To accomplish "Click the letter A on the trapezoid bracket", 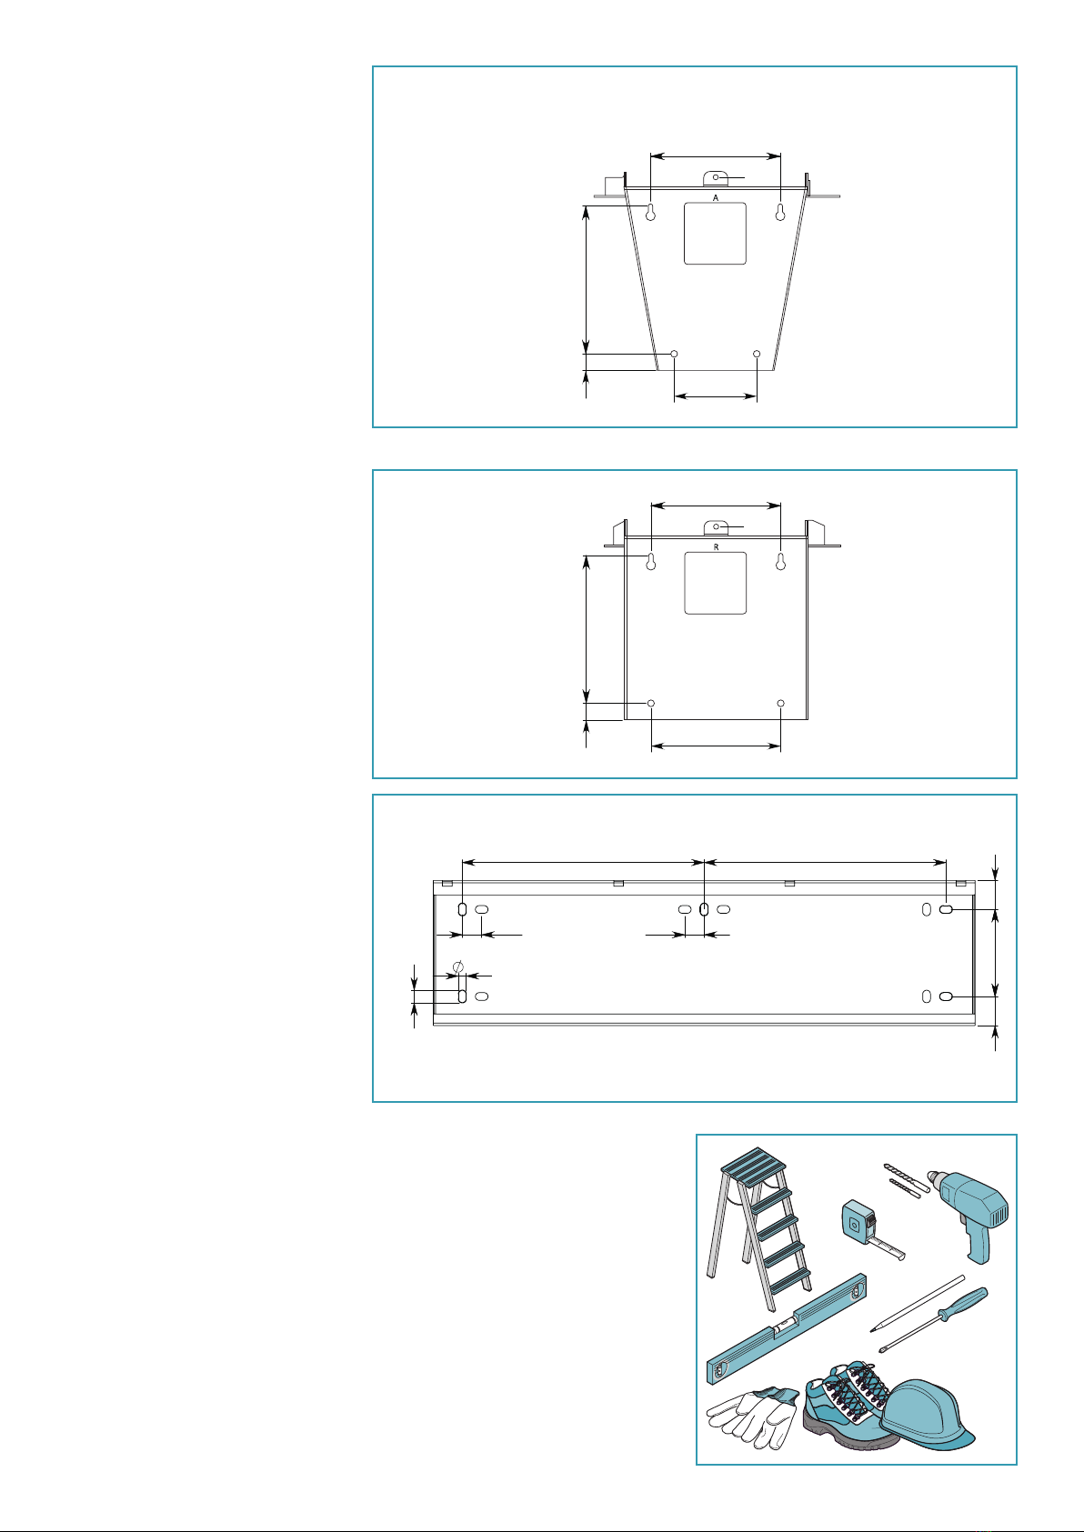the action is coord(716,197).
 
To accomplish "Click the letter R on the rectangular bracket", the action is coord(716,547).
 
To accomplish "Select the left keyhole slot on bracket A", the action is coord(651,213).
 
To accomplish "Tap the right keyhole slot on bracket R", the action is coord(780,562).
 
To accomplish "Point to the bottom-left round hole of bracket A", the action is coord(675,354).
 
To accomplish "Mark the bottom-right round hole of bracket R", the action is coord(780,703).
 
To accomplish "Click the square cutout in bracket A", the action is coord(716,234).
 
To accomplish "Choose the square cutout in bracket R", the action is coord(716,583).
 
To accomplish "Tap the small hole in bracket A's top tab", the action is coord(716,177).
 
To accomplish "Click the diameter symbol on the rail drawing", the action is coord(459,966).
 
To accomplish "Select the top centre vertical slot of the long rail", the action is coord(705,909).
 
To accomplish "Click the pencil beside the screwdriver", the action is coord(917,1304).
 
